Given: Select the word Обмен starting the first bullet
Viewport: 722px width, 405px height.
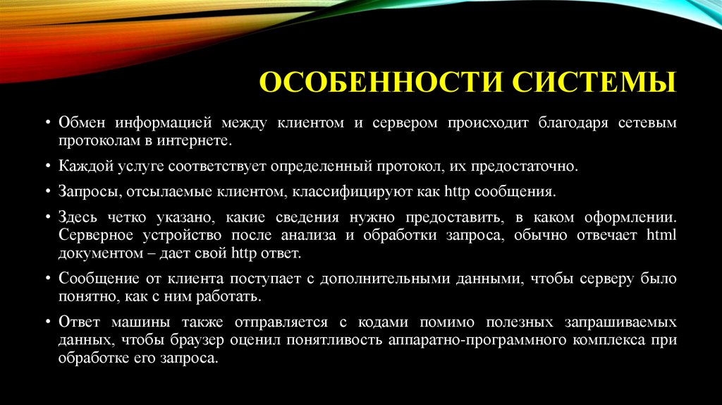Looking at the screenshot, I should [x=83, y=123].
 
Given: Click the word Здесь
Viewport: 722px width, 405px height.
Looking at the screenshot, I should [x=78, y=217].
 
